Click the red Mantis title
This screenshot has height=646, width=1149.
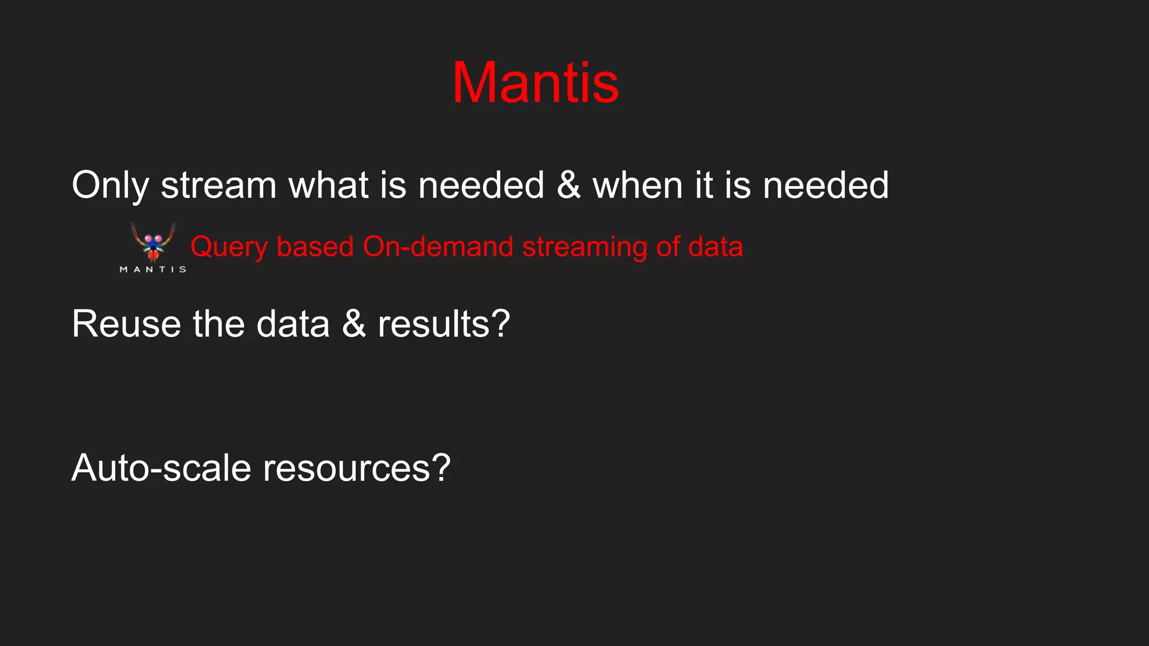click(535, 83)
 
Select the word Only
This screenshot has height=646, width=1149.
click(111, 185)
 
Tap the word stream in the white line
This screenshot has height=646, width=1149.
click(219, 185)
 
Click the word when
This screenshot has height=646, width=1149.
click(637, 185)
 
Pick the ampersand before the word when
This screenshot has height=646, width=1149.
click(568, 185)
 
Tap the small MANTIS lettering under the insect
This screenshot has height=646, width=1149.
click(153, 270)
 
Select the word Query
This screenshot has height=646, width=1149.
click(229, 247)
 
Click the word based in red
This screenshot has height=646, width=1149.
click(315, 247)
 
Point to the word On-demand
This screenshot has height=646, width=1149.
click(438, 247)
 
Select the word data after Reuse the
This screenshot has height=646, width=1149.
click(293, 324)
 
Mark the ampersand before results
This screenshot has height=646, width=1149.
click(353, 324)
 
